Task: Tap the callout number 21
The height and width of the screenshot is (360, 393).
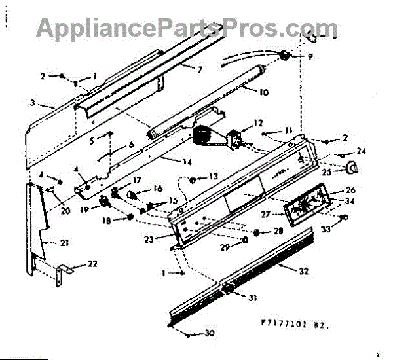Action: tap(64, 243)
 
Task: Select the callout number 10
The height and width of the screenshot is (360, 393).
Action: tap(263, 92)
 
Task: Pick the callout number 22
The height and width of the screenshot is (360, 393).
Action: tap(92, 264)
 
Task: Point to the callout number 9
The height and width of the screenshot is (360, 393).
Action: tap(309, 57)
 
